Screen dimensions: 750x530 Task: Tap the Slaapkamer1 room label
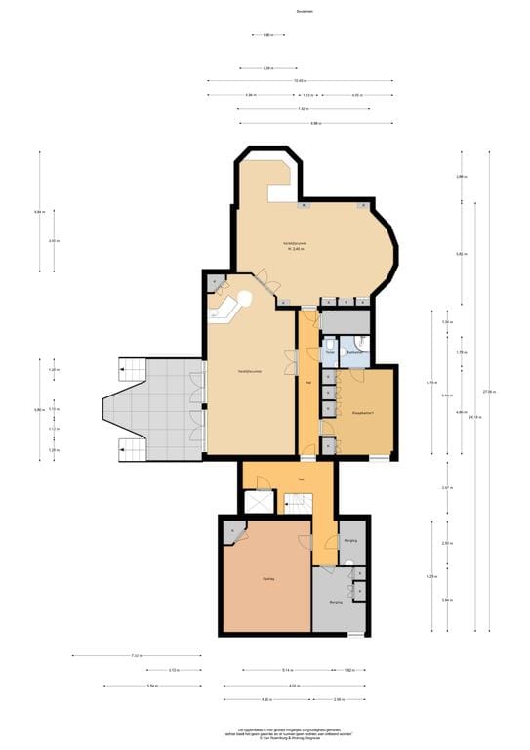click(363, 414)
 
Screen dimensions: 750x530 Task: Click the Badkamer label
click(354, 352)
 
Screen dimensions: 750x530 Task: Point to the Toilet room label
click(330, 352)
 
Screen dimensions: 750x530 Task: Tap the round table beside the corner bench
click(244, 298)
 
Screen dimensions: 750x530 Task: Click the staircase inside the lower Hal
click(297, 504)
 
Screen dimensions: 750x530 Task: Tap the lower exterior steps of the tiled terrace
click(131, 449)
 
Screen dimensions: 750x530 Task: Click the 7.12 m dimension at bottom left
click(136, 656)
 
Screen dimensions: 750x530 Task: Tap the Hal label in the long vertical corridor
click(308, 382)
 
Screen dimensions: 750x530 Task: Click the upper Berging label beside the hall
click(349, 540)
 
